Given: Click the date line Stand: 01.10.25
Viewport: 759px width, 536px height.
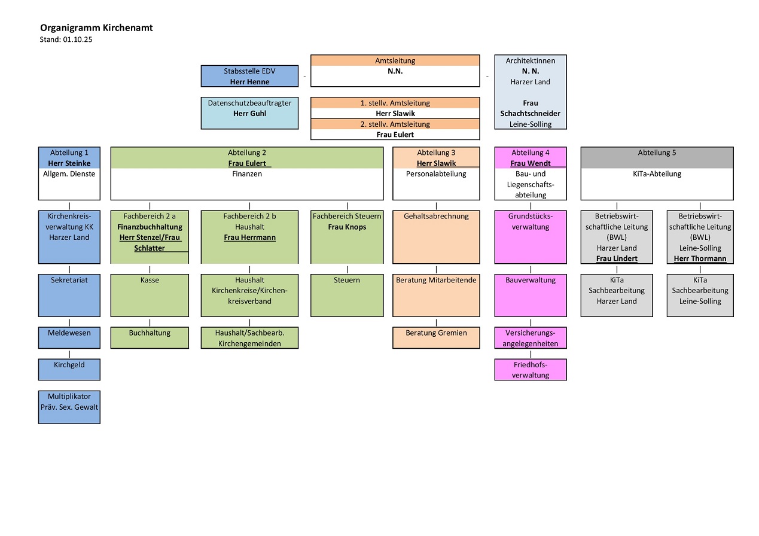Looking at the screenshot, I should pos(66,39).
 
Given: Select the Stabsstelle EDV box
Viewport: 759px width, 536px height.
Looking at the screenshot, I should pos(249,76).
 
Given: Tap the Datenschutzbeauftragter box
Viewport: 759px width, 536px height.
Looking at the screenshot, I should pos(249,113).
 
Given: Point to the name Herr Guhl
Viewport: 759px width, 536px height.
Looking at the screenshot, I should pos(249,114).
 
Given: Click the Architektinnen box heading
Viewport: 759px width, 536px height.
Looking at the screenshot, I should pos(530,60).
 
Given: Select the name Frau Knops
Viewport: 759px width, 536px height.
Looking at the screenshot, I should pos(347,227).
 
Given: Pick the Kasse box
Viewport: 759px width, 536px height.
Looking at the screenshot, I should pos(150,295).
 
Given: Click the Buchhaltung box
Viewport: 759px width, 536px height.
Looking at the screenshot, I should pos(150,337).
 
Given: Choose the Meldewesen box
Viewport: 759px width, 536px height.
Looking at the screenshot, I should pos(69,337).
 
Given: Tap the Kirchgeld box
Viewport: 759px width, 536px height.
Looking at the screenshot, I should pos(69,369).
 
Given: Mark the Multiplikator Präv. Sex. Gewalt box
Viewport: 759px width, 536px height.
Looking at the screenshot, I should pos(69,407).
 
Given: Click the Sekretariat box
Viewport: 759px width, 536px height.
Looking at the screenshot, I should pos(69,295).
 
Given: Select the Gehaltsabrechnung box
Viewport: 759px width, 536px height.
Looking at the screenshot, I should pos(436,237).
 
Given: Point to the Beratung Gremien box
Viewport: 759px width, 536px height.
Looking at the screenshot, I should pos(436,337).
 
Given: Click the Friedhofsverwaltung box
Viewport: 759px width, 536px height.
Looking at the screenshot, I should pos(530,370).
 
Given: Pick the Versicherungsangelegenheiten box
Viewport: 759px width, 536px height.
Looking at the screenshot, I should pos(530,338).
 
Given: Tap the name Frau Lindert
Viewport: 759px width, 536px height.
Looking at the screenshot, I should pos(617,258).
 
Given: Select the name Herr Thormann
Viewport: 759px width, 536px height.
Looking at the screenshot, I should pos(700,258).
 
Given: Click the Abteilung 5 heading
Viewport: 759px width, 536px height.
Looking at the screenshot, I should pos(657,153).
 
